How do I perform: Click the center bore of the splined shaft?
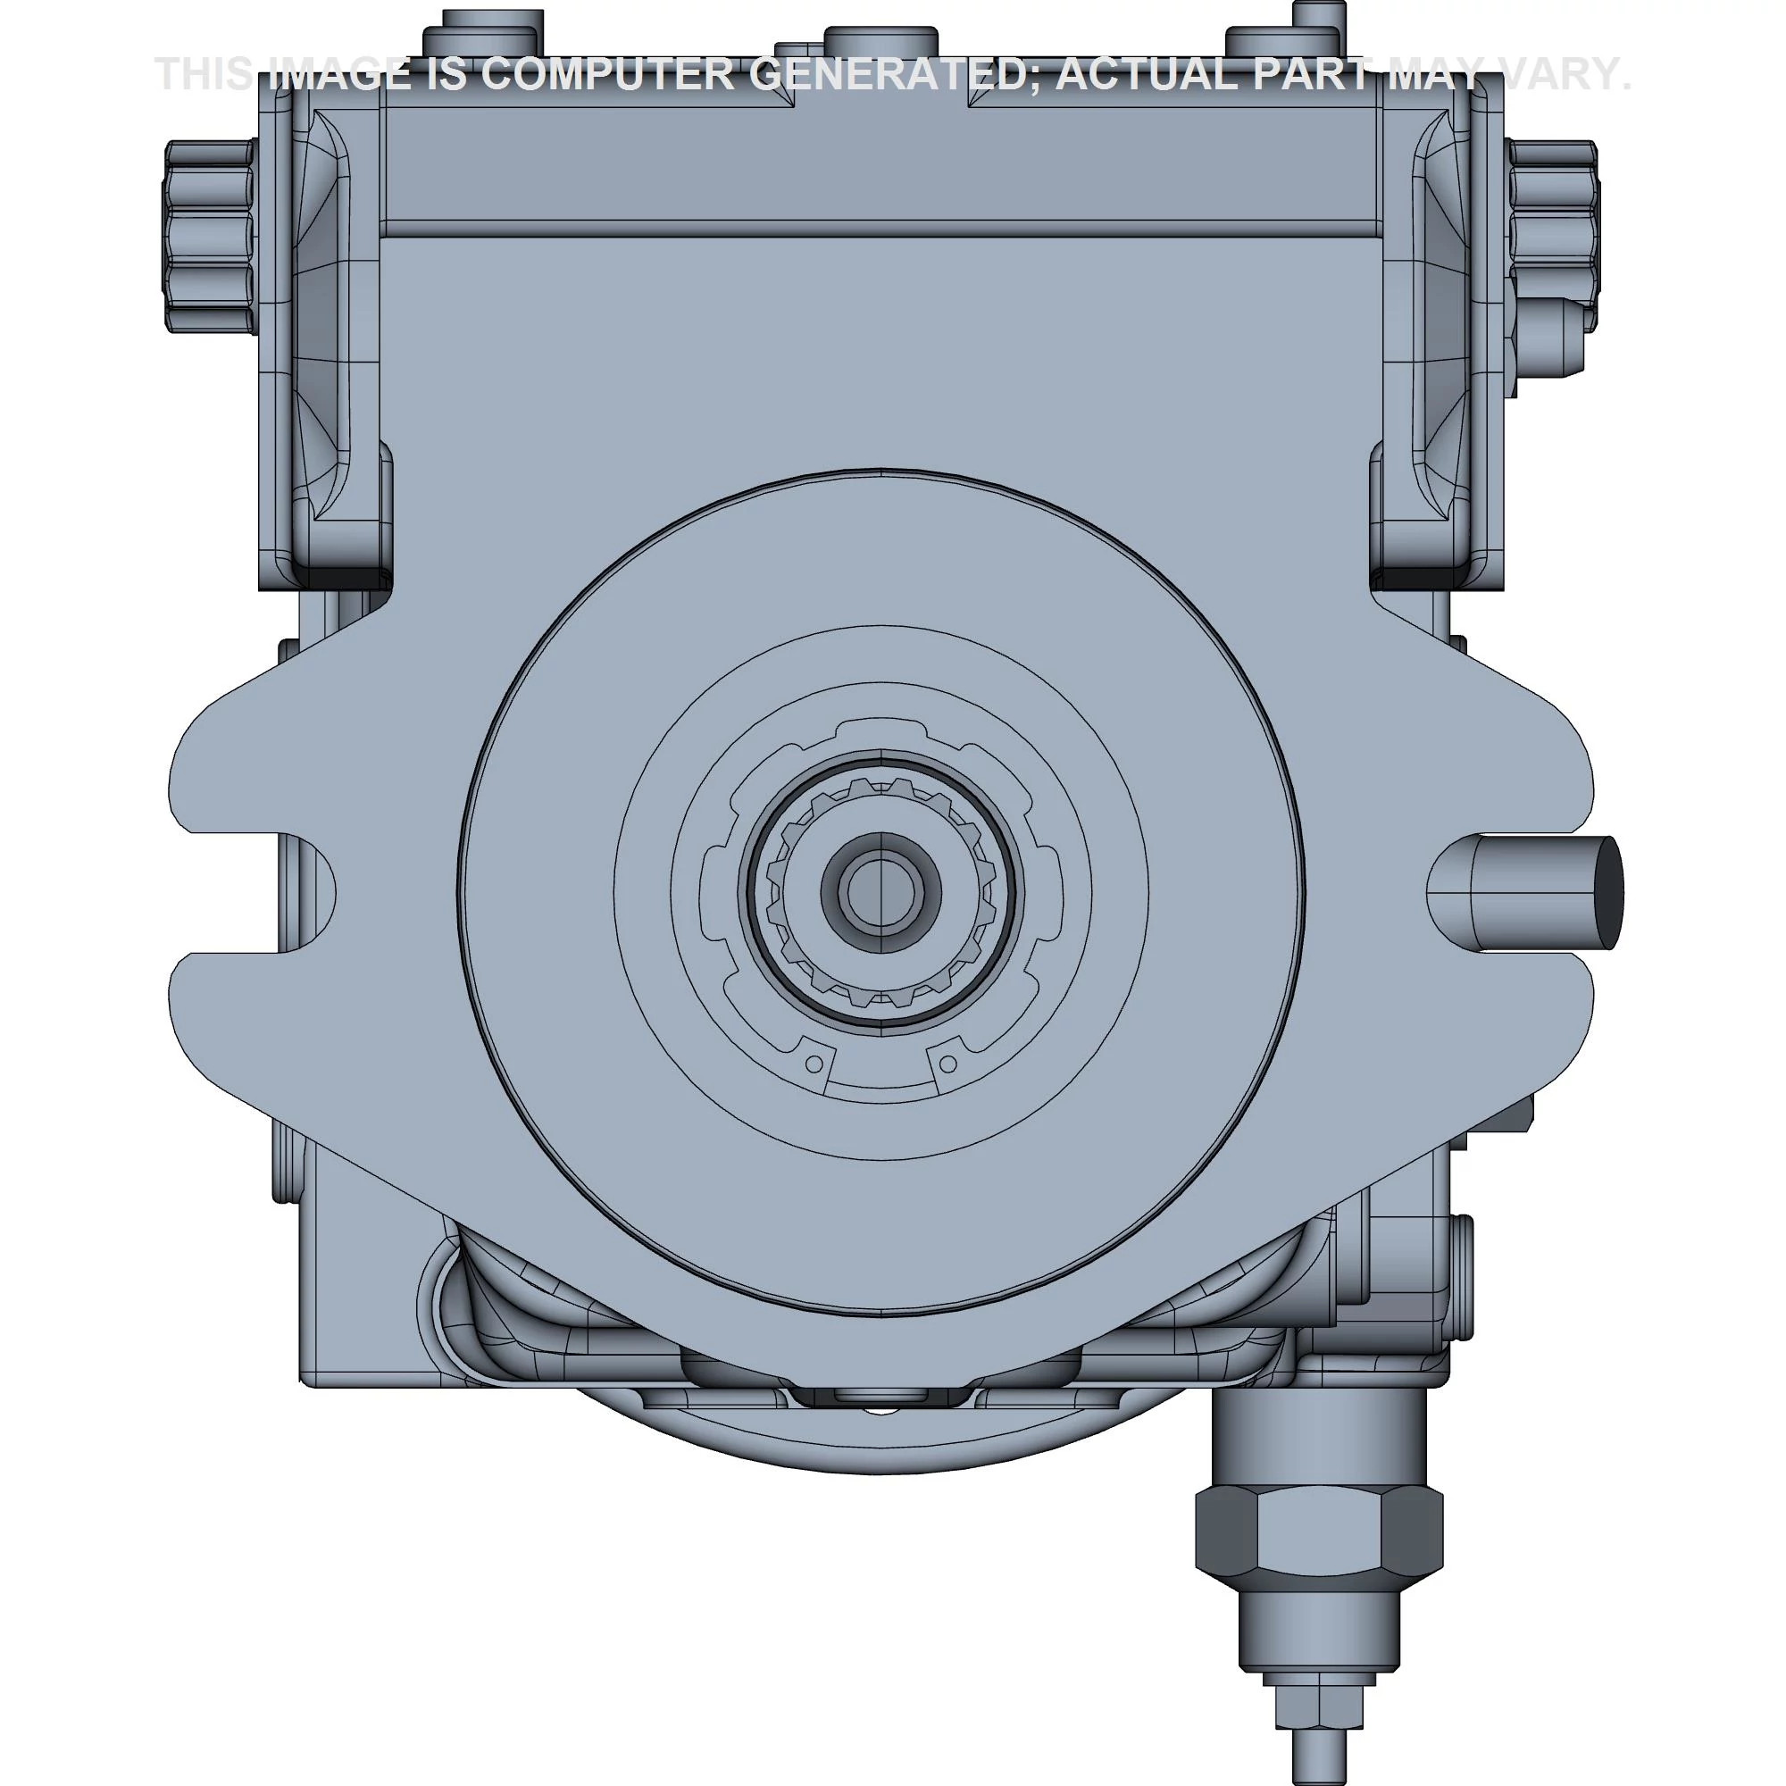tap(880, 892)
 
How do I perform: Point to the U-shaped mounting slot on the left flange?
tap(278, 893)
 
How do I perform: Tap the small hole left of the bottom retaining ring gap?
tap(814, 1064)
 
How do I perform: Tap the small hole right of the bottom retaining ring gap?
tap(947, 1064)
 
